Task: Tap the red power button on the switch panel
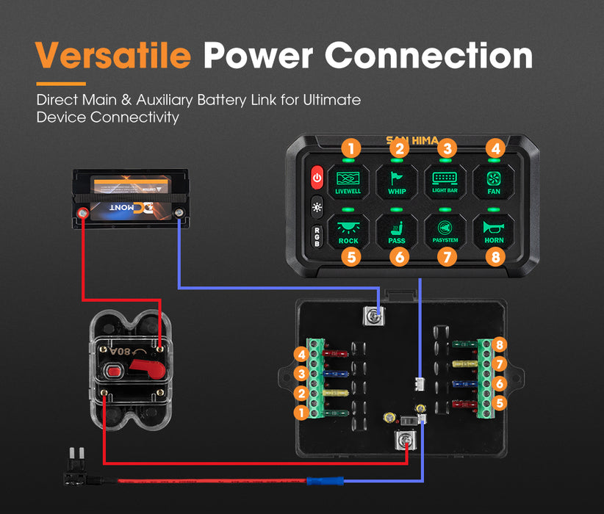tap(317, 177)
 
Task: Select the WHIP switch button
tap(398, 180)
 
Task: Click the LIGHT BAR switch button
tap(445, 180)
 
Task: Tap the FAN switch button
tap(495, 180)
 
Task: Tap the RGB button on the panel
tap(317, 238)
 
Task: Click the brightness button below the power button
tap(317, 207)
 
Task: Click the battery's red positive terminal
tap(83, 214)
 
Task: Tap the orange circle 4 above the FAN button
tap(496, 148)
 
